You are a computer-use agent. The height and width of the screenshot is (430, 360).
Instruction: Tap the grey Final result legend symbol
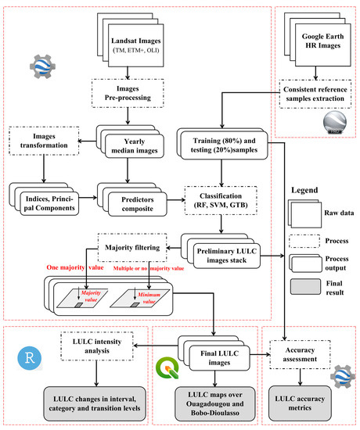tap(296, 291)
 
